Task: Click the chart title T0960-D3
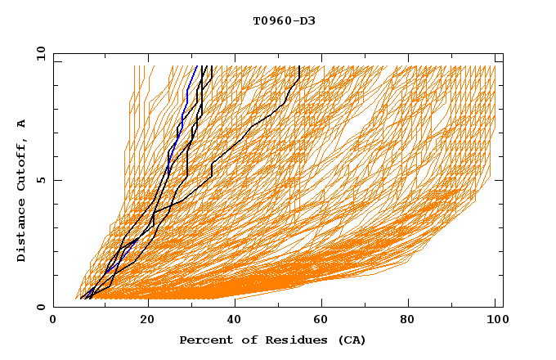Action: pyautogui.click(x=284, y=20)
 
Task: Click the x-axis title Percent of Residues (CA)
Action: pyautogui.click(x=272, y=340)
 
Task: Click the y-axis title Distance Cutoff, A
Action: pyautogui.click(x=22, y=191)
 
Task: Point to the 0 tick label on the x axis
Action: pyautogui.click(x=54, y=321)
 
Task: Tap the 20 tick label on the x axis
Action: pyautogui.click(x=148, y=321)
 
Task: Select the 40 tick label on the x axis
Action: pyautogui.click(x=236, y=321)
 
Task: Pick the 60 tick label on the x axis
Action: pyautogui.click(x=325, y=321)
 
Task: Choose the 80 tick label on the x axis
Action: pyautogui.click(x=413, y=321)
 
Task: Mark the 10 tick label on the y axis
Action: pyautogui.click(x=40, y=53)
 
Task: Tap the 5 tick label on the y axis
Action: pyautogui.click(x=40, y=180)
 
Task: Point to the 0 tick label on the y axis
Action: pyautogui.click(x=40, y=307)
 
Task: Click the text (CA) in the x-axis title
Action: pyautogui.click(x=351, y=340)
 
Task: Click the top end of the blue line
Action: pyautogui.click(x=197, y=65)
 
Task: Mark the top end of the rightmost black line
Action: pyautogui.click(x=299, y=65)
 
